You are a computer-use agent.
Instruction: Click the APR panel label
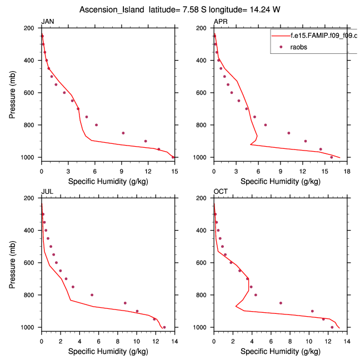[220, 22]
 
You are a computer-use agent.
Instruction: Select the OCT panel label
[221, 192]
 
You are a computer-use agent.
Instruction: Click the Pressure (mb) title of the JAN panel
[13, 93]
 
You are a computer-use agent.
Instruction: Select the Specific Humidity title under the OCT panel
[280, 351]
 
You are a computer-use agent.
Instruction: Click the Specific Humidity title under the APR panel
[280, 181]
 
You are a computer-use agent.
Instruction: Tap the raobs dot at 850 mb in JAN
[123, 133]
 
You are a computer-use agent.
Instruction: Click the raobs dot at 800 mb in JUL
[92, 295]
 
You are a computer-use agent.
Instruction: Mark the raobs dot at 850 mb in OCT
[281, 303]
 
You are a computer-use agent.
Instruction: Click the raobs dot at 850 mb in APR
[288, 133]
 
